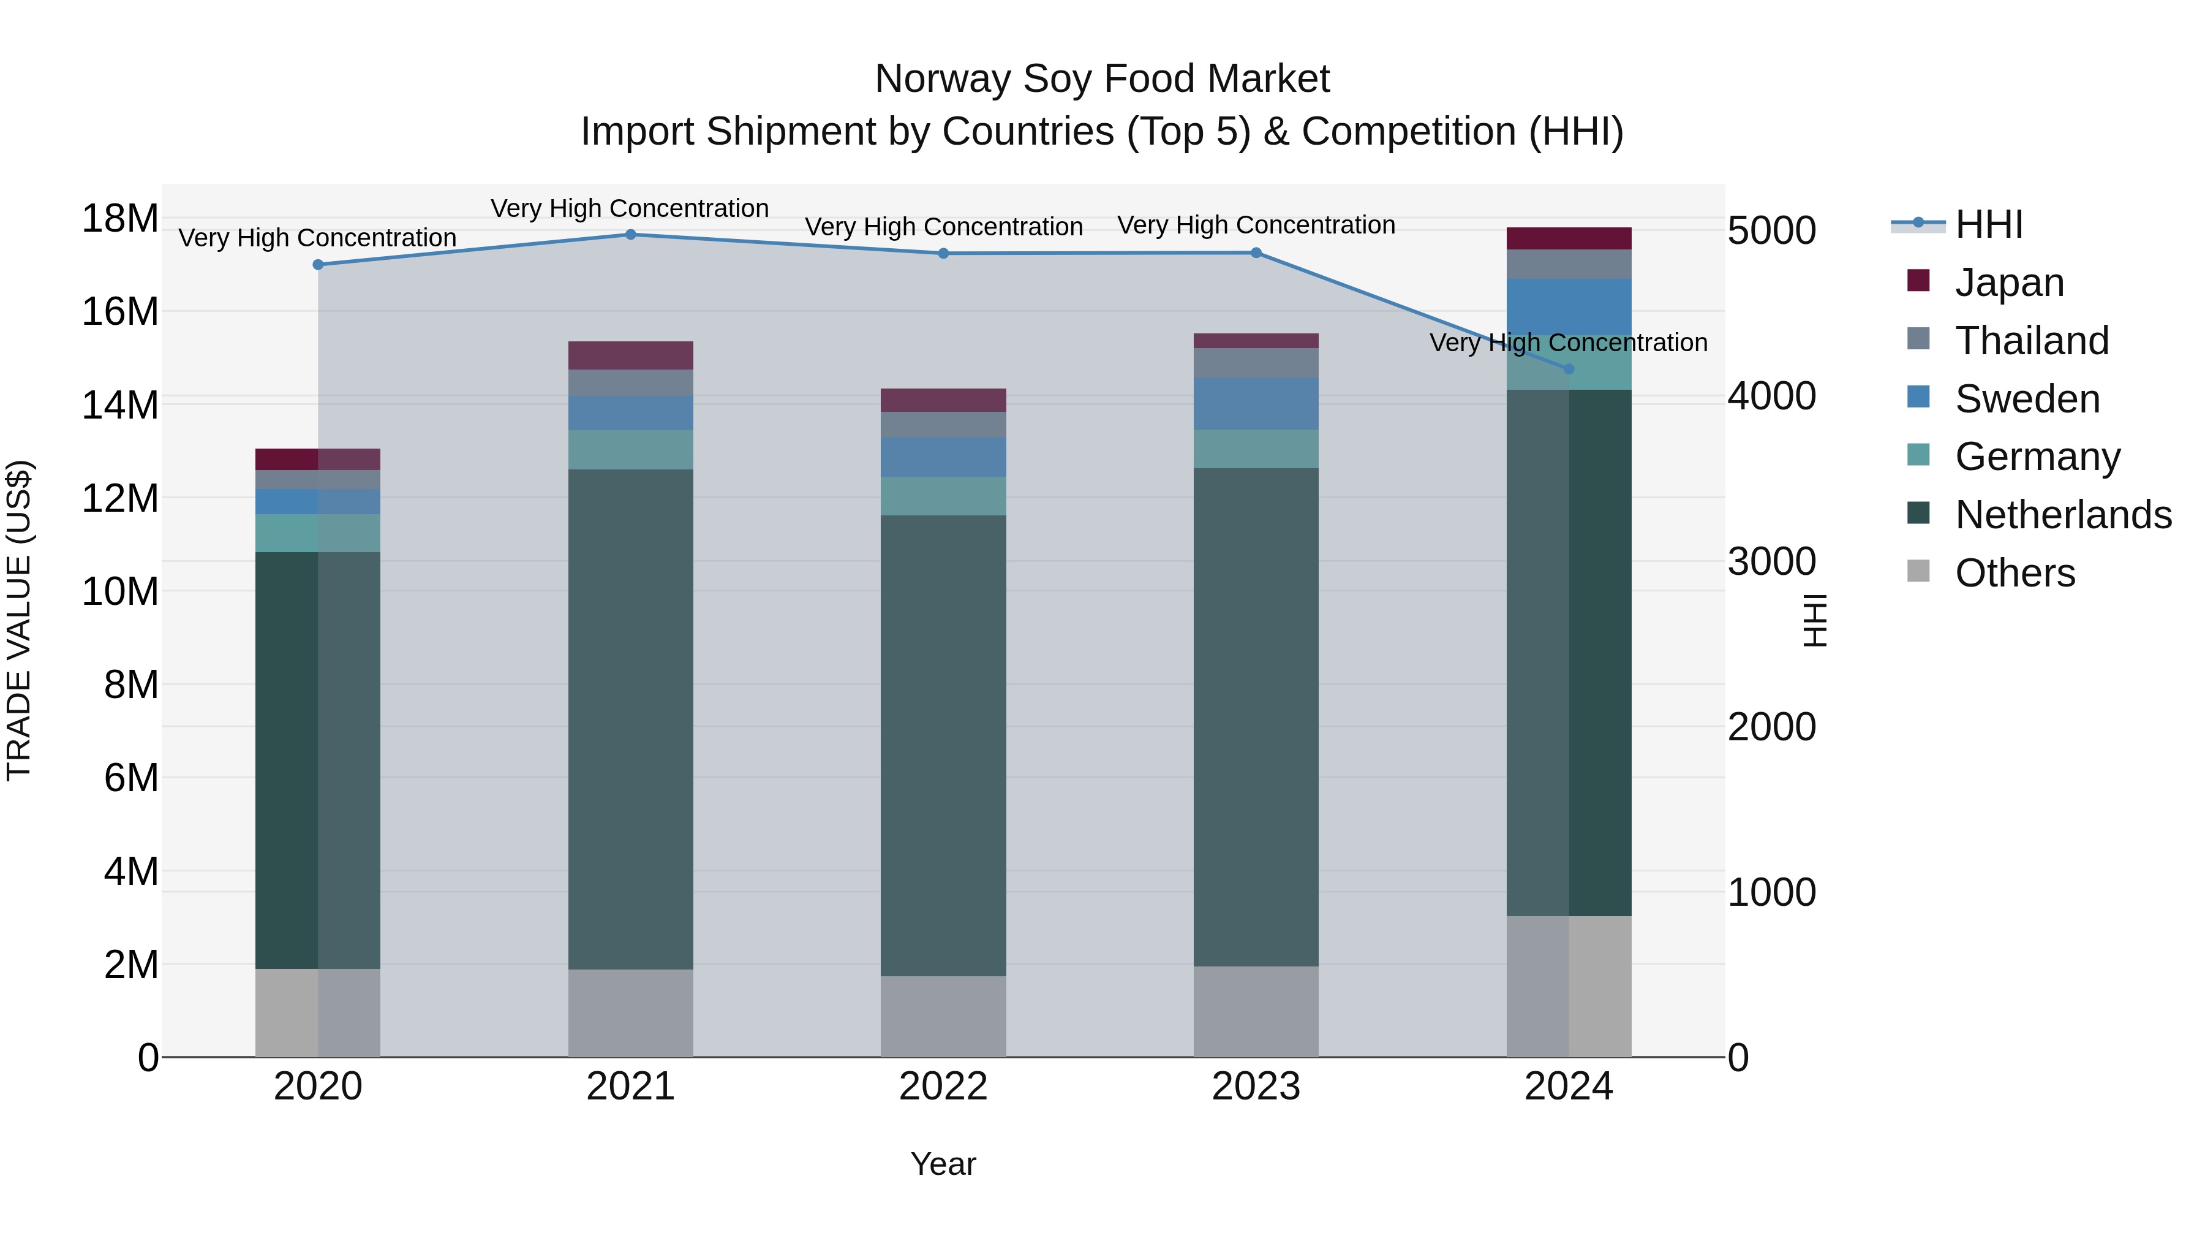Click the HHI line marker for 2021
(x=630, y=234)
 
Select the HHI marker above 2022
(x=943, y=254)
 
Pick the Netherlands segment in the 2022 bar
(x=943, y=745)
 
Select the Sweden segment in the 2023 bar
(x=1256, y=403)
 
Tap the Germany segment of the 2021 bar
(x=630, y=450)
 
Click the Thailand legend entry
(x=2031, y=341)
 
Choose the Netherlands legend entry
(x=2063, y=515)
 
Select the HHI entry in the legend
(x=1988, y=224)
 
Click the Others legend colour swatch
(x=1918, y=571)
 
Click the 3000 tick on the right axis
(x=1771, y=562)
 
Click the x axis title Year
(x=943, y=1164)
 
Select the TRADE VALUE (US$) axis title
(x=19, y=620)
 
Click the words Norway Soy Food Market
(x=1102, y=79)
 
